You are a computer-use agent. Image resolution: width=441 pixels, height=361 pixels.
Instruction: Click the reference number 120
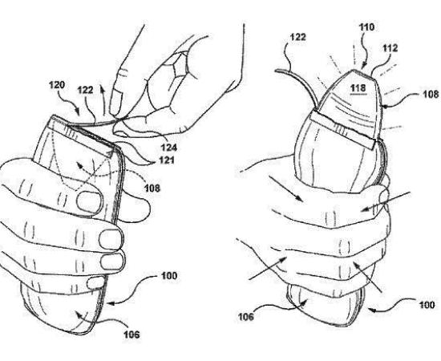click(57, 85)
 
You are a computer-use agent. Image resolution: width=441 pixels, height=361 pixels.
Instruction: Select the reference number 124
click(168, 147)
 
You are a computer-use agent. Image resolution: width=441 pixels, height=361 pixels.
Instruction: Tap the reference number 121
click(166, 160)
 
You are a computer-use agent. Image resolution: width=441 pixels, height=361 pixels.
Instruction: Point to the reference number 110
click(366, 27)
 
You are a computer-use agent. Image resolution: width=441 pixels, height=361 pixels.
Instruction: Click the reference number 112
click(390, 48)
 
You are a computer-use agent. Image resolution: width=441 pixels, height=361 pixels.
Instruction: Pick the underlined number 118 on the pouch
click(358, 88)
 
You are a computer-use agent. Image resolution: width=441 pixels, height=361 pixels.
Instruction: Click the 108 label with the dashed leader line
click(152, 188)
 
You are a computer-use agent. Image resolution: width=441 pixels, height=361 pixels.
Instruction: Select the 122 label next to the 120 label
click(86, 90)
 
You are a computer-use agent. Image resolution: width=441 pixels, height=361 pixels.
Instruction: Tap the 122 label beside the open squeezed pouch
click(297, 37)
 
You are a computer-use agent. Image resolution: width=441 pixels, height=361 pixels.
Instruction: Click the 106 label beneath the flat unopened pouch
click(132, 335)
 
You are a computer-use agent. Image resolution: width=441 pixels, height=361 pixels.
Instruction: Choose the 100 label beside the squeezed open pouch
click(427, 305)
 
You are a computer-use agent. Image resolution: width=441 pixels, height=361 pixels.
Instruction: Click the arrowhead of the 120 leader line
click(78, 112)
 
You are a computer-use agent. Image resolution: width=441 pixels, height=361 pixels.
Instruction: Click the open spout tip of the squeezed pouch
click(362, 72)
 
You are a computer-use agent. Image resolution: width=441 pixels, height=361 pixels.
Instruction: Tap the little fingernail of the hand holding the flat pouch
click(95, 283)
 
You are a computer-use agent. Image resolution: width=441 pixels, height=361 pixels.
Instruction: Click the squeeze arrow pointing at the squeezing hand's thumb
click(386, 201)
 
